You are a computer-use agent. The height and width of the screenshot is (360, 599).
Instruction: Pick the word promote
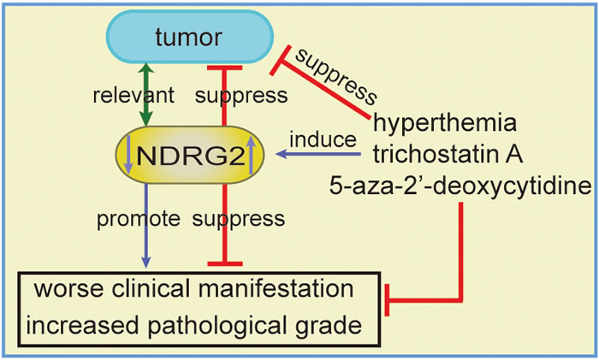click(138, 219)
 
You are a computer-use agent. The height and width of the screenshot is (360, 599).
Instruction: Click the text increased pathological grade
click(193, 326)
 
